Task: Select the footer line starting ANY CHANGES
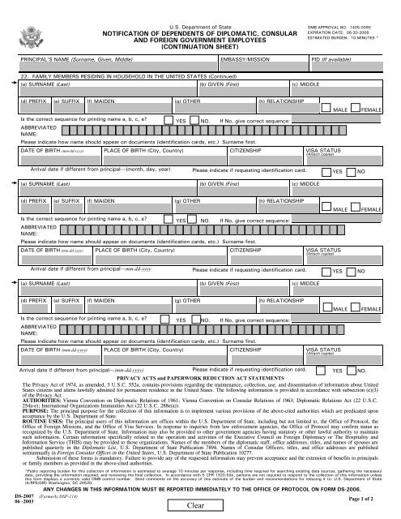click(x=197, y=491)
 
